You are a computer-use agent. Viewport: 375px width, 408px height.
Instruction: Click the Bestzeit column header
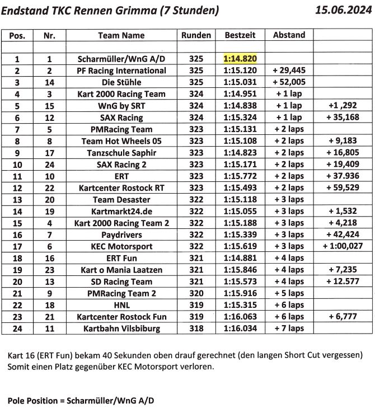tap(240, 35)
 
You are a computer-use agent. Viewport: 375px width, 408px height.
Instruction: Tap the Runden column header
tap(196, 35)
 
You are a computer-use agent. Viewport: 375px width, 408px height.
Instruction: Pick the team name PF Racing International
tap(121, 71)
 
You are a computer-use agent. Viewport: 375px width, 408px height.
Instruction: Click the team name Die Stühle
tap(121, 82)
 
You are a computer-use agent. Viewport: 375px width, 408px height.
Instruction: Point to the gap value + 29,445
tap(289, 71)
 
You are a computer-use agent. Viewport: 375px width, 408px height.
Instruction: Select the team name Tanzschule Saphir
tap(121, 153)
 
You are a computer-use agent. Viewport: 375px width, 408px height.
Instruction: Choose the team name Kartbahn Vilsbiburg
tap(121, 329)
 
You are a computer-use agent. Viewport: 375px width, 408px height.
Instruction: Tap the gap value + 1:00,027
tap(343, 246)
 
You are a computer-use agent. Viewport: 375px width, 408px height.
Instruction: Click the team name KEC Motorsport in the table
tap(121, 246)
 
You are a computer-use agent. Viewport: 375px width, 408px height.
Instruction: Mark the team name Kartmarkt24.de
tap(121, 212)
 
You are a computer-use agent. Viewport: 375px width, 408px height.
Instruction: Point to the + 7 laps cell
tap(289, 329)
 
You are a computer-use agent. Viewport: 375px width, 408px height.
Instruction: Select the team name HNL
tap(121, 305)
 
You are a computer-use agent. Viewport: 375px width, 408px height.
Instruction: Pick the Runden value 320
tap(196, 293)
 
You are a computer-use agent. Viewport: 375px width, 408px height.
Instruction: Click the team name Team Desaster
tap(121, 200)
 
